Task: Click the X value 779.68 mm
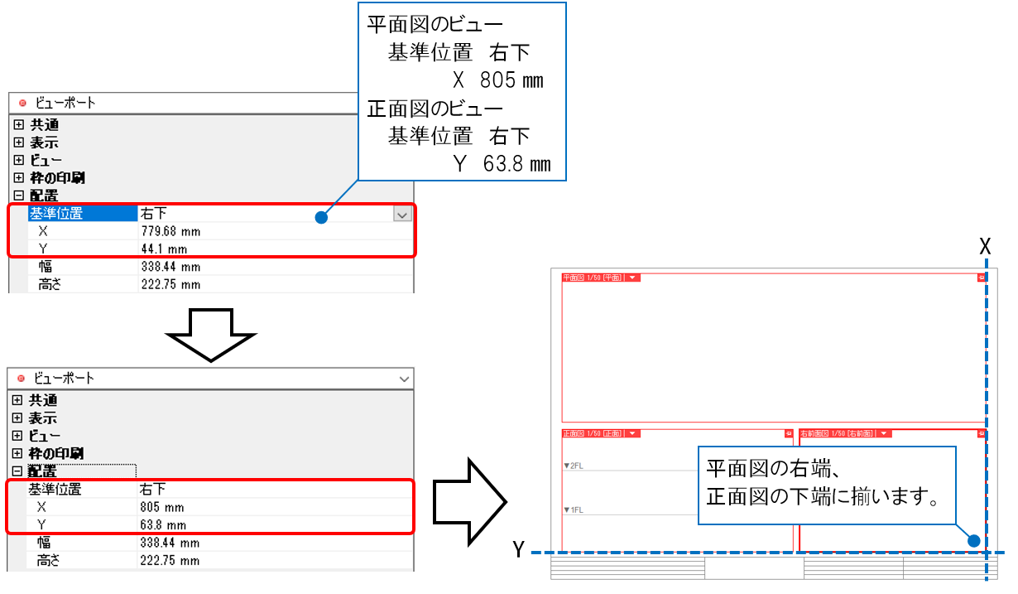point(170,231)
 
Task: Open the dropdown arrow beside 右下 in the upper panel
point(401,214)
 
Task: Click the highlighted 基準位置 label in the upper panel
point(56,214)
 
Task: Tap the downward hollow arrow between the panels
point(212,333)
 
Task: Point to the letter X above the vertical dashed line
point(985,246)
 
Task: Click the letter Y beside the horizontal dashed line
point(518,549)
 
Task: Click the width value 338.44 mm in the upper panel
point(170,267)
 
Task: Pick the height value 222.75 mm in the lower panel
point(170,560)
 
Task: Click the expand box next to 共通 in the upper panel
point(19,125)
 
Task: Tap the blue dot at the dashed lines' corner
point(974,540)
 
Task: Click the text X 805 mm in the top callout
point(497,80)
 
